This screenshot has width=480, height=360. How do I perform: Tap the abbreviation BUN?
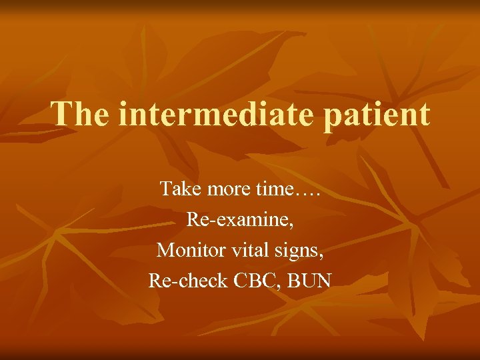309,281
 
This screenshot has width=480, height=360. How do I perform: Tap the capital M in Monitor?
165,250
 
